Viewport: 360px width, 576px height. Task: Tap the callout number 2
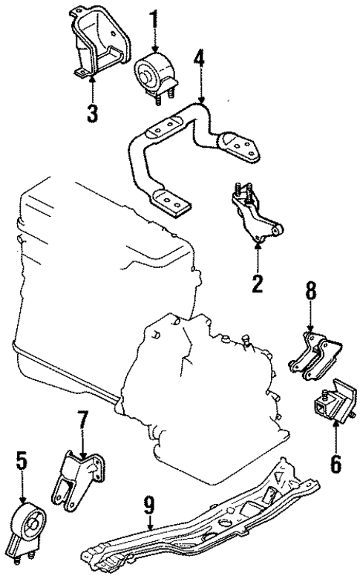pos(258,282)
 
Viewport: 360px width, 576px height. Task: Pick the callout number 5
pos(22,462)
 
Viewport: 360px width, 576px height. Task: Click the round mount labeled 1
pos(152,72)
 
